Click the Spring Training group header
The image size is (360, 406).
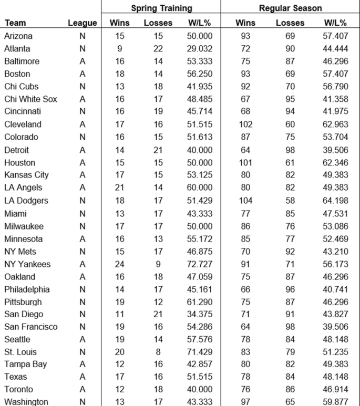(x=161, y=8)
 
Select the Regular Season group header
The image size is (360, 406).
(x=290, y=8)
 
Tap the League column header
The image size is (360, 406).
(x=83, y=23)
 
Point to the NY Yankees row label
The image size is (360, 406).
(x=27, y=264)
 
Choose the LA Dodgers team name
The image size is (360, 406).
(x=26, y=201)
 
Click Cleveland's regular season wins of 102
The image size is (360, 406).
(x=245, y=124)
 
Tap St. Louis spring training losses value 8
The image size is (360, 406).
(x=158, y=352)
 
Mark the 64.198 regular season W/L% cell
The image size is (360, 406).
(x=335, y=201)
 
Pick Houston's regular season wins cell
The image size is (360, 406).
(x=245, y=163)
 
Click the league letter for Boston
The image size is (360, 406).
(x=83, y=74)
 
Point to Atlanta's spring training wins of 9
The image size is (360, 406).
(x=120, y=48)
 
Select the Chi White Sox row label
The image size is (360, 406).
(x=30, y=99)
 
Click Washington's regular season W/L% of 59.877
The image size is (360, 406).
(x=335, y=402)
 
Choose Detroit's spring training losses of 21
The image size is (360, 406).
(x=158, y=150)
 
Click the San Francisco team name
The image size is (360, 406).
(x=30, y=327)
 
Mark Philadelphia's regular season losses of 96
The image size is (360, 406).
(x=290, y=289)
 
